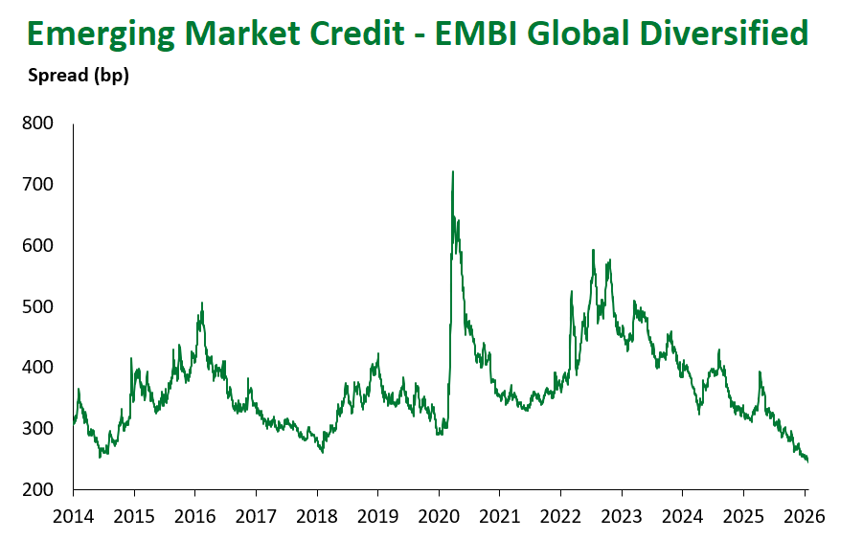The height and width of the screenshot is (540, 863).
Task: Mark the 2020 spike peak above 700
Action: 452,172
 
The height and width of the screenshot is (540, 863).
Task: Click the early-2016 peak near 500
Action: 202,304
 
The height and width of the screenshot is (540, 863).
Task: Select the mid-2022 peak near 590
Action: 594,251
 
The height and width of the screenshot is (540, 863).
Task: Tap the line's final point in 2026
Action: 807,461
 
